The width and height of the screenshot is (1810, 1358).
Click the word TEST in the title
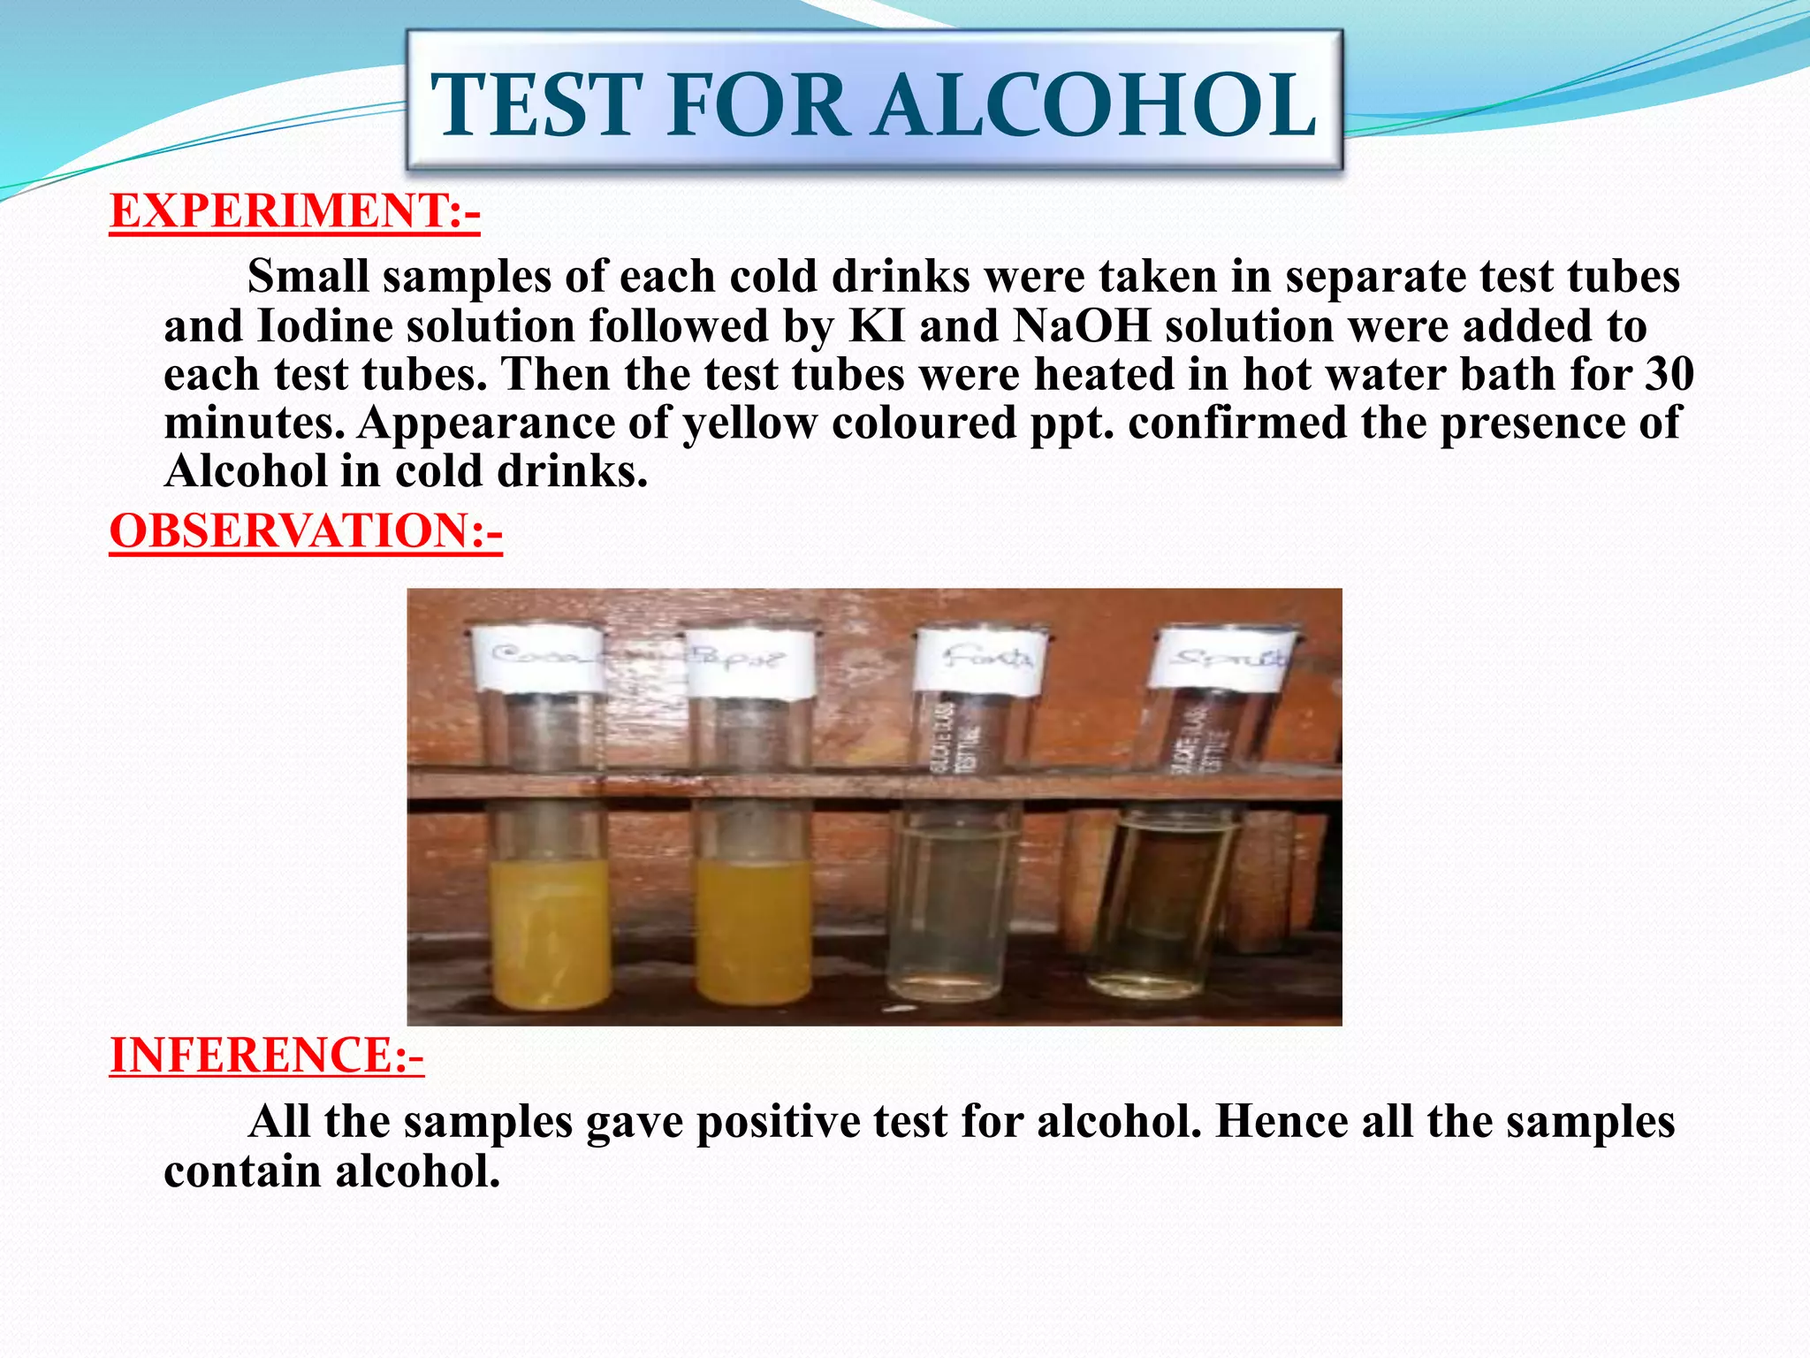tap(536, 105)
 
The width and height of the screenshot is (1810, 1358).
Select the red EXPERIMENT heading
tap(294, 211)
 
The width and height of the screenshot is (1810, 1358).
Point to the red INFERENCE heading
tap(266, 1055)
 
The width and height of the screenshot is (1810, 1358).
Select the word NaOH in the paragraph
tap(1082, 326)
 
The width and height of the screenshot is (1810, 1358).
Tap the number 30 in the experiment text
tap(1669, 375)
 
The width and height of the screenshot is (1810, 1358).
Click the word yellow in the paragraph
tap(749, 423)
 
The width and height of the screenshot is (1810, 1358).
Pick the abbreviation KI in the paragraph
tap(877, 326)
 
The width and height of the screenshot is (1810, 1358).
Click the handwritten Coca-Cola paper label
tap(539, 660)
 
